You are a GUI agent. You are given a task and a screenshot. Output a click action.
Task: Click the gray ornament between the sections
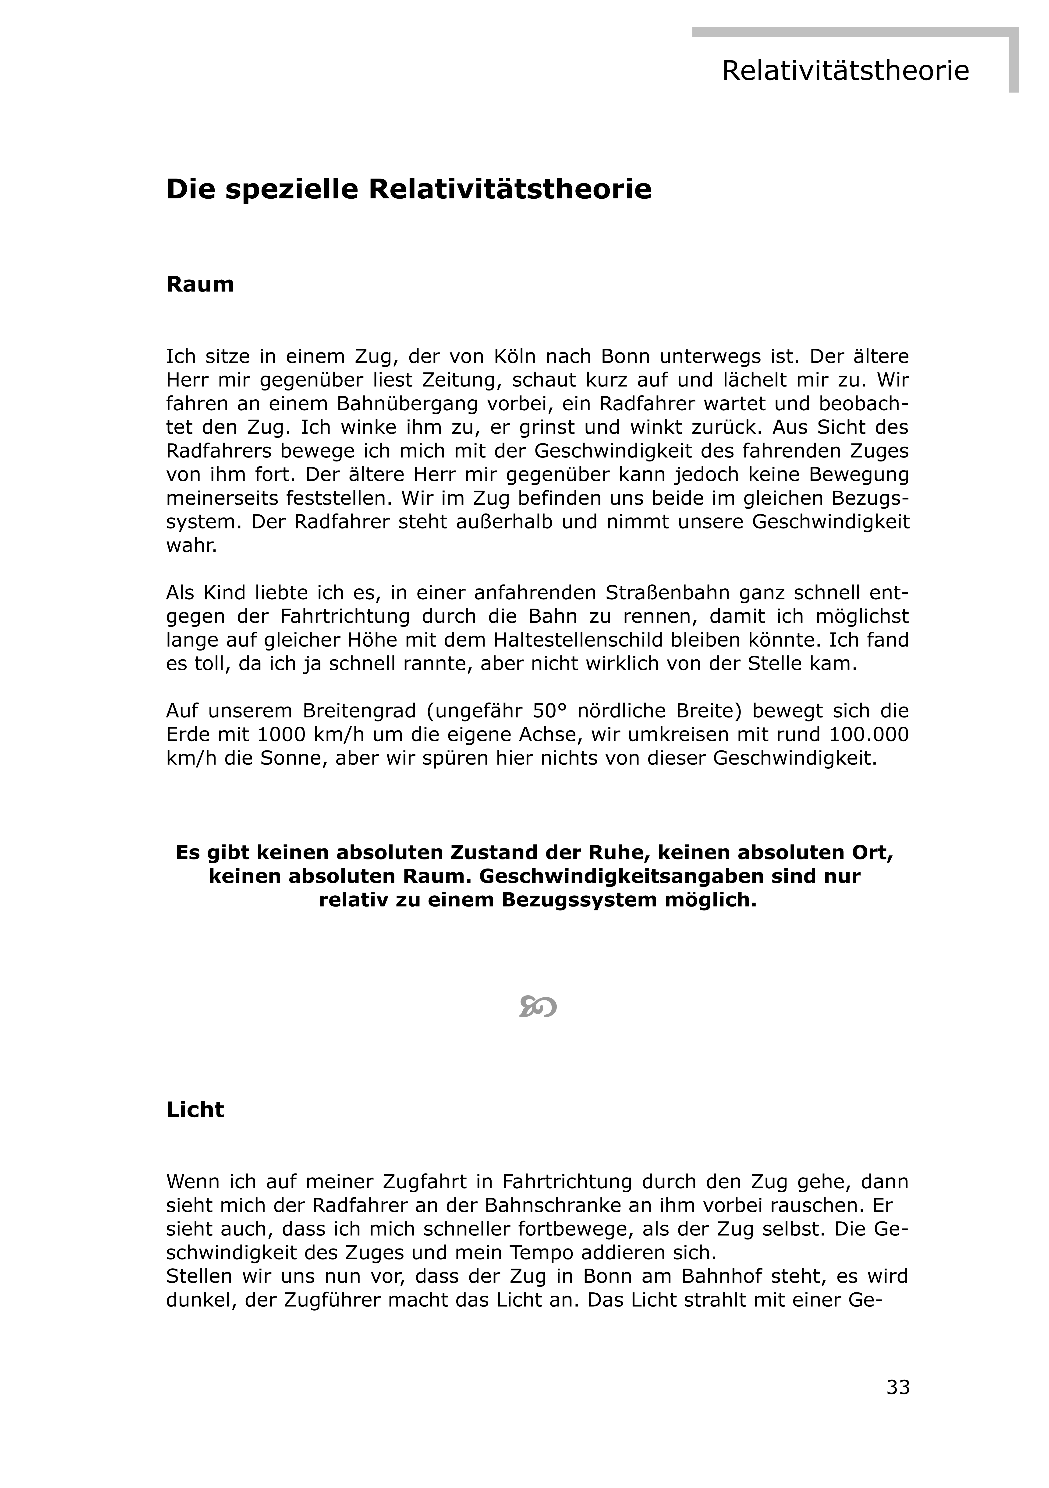click(538, 1006)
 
